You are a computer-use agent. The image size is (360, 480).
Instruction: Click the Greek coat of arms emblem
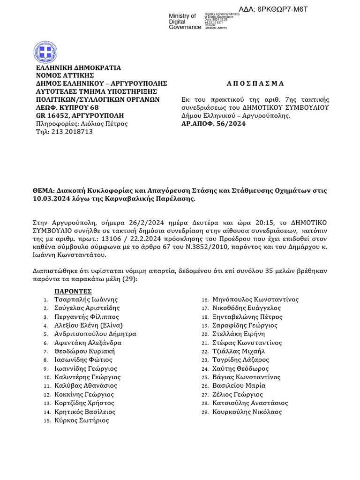46,52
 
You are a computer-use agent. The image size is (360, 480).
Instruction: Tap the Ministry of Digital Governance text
184,22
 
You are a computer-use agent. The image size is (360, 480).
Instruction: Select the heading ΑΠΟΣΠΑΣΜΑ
255,84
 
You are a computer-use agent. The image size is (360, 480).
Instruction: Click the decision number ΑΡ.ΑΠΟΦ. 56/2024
213,124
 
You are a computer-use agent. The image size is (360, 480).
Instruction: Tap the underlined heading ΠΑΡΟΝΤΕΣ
73,291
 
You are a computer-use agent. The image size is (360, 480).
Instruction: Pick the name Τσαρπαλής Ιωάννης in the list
86,300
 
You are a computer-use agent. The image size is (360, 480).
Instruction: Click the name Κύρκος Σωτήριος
82,420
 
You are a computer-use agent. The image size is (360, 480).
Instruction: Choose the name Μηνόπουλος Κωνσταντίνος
255,300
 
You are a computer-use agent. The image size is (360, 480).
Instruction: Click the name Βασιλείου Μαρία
239,386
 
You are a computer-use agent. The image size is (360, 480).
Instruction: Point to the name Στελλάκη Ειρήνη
239,334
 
